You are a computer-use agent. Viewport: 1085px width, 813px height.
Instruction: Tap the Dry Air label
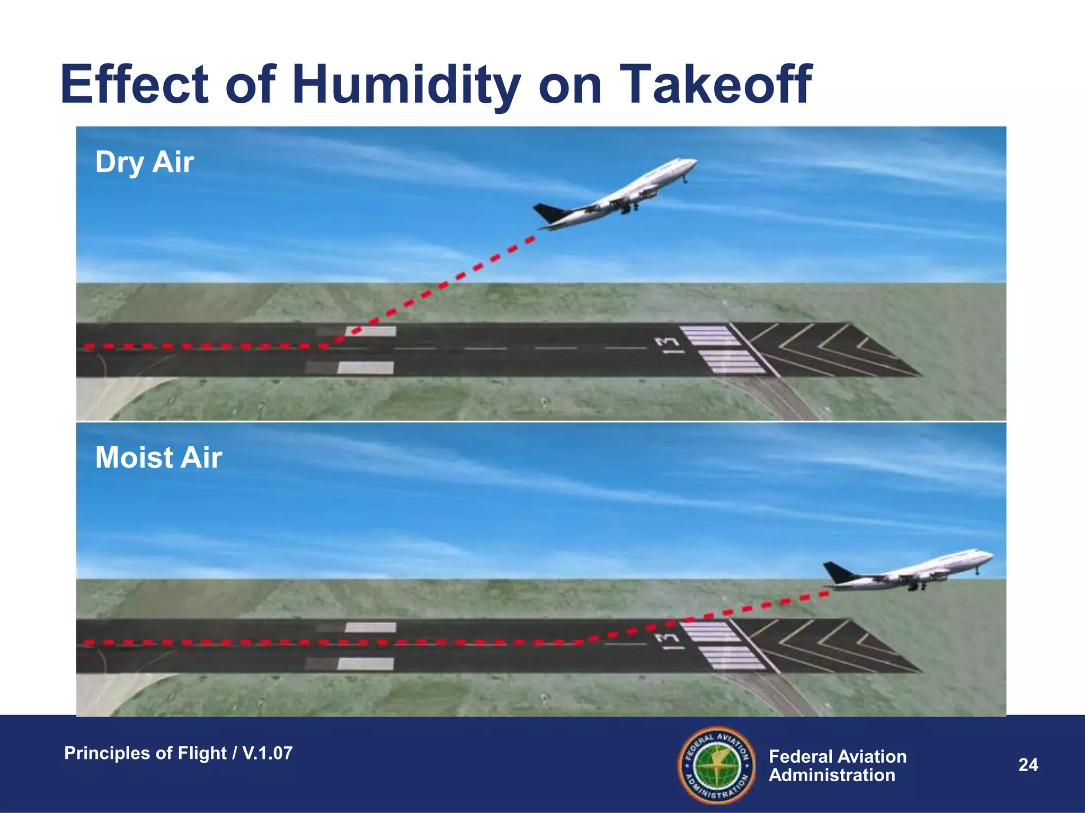(x=144, y=162)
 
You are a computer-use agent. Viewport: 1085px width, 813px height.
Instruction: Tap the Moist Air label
(x=158, y=457)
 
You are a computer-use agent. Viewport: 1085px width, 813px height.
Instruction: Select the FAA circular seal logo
(x=717, y=765)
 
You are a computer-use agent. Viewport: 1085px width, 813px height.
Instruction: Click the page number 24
(x=1028, y=765)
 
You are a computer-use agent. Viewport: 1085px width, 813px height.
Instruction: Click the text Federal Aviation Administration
(x=837, y=766)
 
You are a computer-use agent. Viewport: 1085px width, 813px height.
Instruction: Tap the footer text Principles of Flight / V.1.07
(x=178, y=753)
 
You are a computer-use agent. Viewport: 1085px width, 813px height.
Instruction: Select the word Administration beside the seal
(x=832, y=775)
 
